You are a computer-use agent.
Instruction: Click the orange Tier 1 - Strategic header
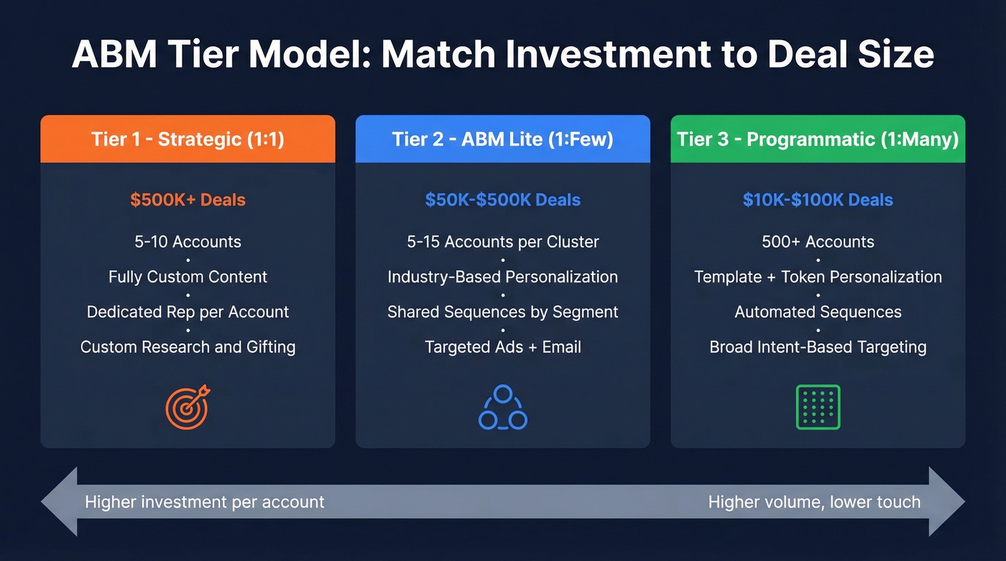[x=188, y=139]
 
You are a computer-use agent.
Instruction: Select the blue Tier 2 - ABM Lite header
[x=502, y=139]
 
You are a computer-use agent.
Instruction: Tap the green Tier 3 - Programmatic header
[x=818, y=139]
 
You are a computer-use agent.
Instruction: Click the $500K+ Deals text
[x=188, y=200]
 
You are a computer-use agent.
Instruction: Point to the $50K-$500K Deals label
[x=502, y=200]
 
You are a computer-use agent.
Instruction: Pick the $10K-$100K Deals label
[x=818, y=200]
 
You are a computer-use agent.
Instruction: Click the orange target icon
[x=188, y=407]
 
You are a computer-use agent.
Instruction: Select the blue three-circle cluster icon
[x=502, y=407]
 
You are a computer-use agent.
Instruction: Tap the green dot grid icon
[x=818, y=407]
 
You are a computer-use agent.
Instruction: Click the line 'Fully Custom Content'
[x=188, y=277]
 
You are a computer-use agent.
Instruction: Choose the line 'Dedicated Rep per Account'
[x=188, y=312]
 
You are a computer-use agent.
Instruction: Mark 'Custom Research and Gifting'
[x=188, y=347]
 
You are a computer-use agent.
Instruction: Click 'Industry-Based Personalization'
[x=502, y=277]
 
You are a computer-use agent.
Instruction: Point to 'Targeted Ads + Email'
[x=502, y=347]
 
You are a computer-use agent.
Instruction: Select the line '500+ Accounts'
[x=818, y=241]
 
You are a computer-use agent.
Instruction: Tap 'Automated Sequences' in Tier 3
[x=818, y=312]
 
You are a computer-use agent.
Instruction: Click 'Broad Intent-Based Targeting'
[x=818, y=347]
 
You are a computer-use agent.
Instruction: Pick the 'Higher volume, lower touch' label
[x=814, y=501]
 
